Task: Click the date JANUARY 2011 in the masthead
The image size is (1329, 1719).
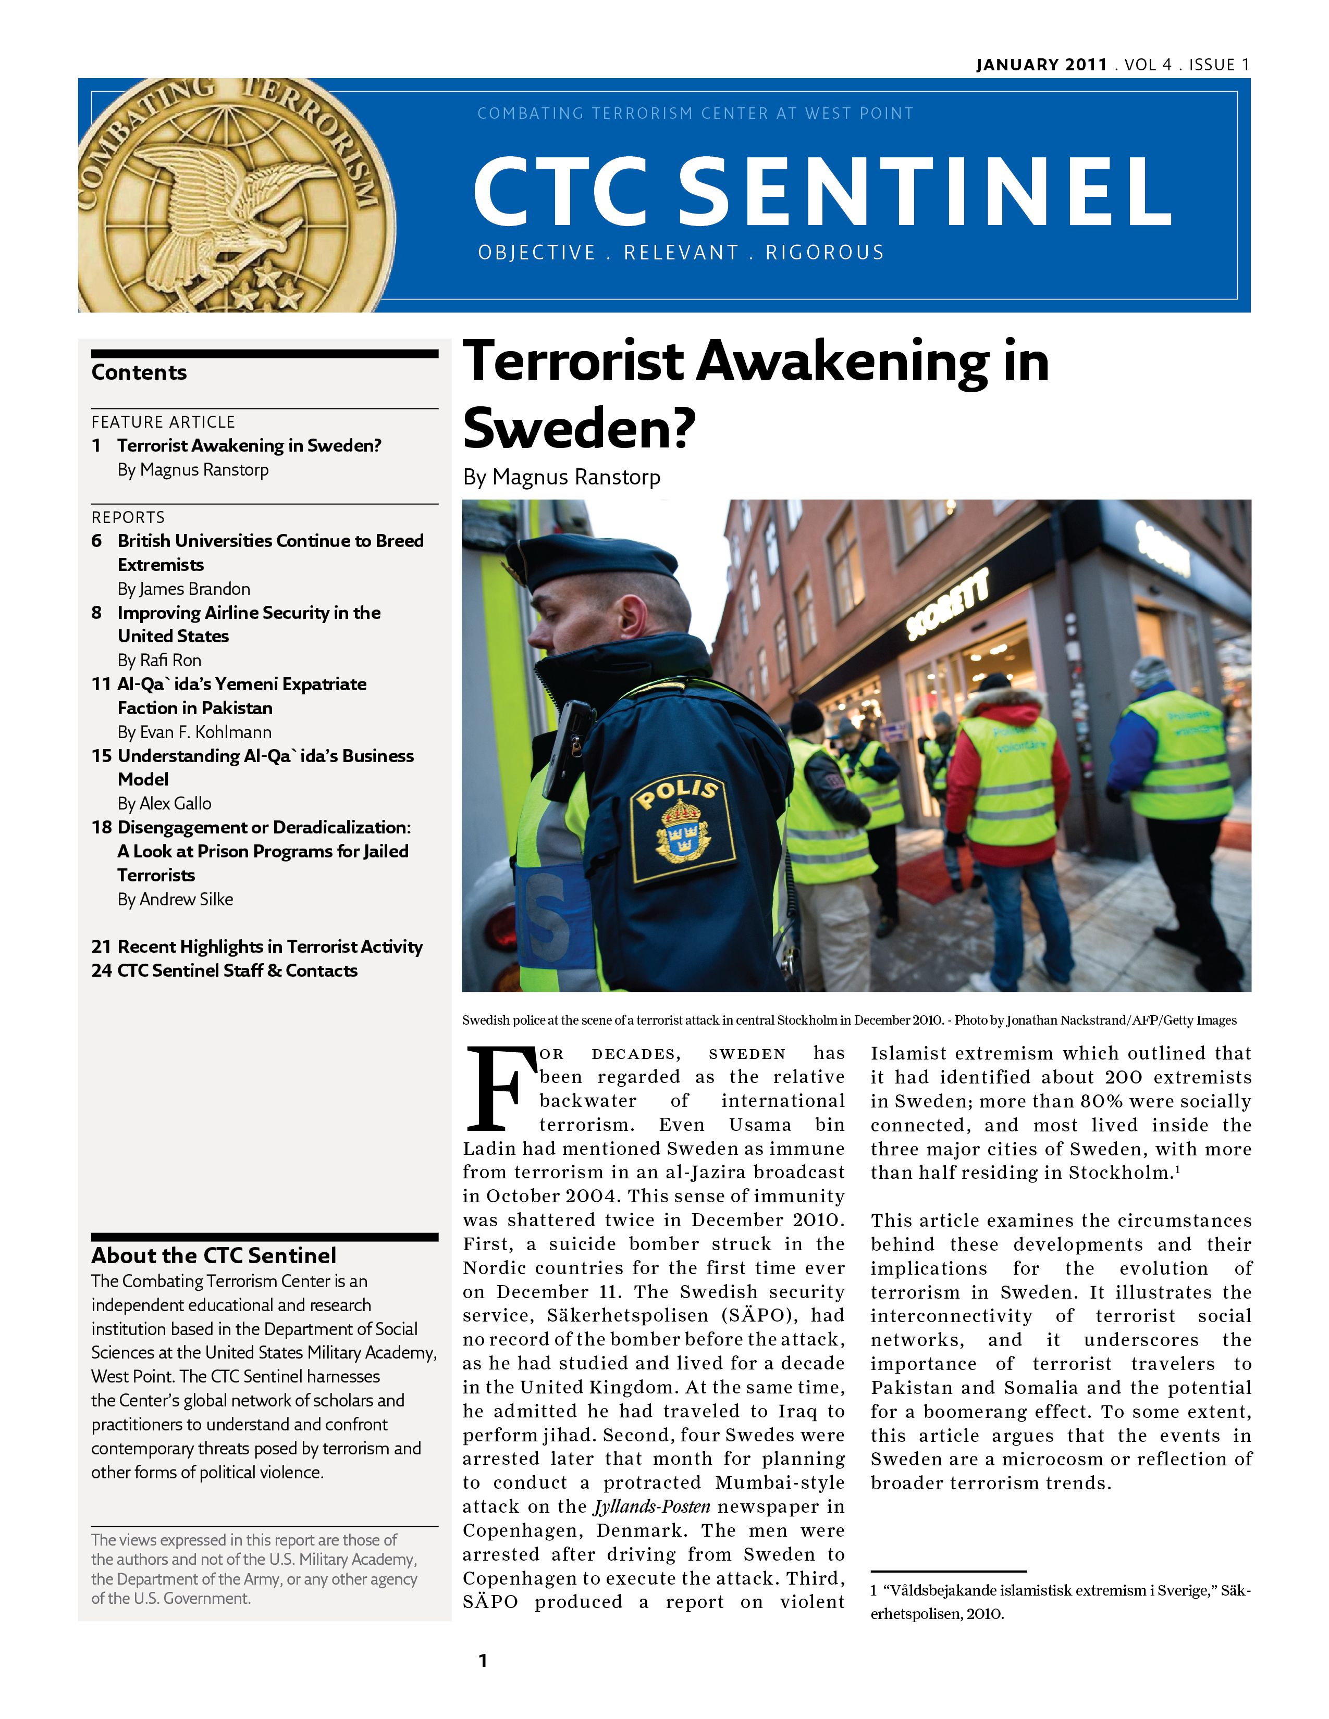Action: pos(1041,65)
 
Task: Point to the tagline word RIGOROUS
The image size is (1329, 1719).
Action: pos(825,253)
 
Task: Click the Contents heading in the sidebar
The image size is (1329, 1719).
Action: pos(139,372)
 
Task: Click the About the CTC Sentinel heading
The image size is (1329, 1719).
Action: pos(213,1255)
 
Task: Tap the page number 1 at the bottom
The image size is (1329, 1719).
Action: pos(483,1661)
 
